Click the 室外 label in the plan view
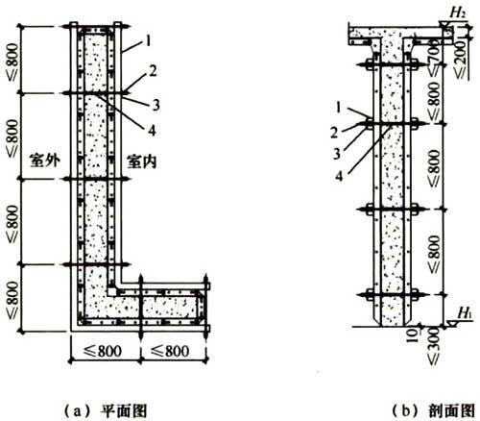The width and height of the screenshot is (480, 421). tap(45, 161)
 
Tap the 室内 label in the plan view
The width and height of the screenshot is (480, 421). tap(142, 161)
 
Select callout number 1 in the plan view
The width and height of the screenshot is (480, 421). tap(148, 41)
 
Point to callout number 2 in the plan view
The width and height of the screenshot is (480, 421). tap(153, 71)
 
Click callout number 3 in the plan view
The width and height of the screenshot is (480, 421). tap(156, 105)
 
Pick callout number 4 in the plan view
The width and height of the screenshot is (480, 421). tap(152, 131)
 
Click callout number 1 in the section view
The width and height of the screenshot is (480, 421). tap(339, 108)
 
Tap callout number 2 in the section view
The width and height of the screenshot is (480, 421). tap(334, 133)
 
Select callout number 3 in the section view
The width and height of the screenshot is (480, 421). tap(337, 154)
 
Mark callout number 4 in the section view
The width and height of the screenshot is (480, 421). tap(339, 176)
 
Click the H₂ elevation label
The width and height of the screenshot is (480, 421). tap(458, 12)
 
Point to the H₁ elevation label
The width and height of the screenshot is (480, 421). tap(465, 312)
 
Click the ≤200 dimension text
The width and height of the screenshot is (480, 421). tap(461, 60)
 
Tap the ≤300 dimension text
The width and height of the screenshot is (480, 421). tap(434, 346)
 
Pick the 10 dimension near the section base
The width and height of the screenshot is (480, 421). tap(413, 335)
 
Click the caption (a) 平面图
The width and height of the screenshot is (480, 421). tap(106, 411)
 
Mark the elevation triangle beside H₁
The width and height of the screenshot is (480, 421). tap(452, 324)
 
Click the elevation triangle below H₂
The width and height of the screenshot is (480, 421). tap(444, 25)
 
